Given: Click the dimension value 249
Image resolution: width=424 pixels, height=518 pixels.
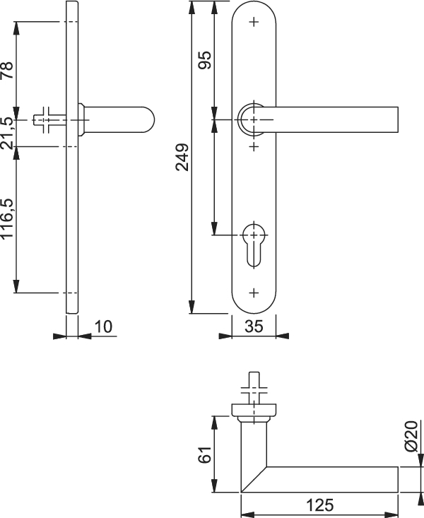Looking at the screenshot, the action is (182, 158).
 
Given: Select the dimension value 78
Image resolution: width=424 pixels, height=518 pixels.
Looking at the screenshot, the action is (7, 71).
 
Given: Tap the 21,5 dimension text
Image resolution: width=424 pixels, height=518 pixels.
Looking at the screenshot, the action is (7, 133).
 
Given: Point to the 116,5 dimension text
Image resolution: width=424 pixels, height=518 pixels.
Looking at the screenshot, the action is (7, 218).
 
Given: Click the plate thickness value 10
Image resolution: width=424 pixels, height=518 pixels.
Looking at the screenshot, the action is (103, 326).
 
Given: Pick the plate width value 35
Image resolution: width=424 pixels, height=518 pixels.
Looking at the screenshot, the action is (254, 326).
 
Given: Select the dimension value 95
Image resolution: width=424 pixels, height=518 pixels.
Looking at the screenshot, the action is (204, 60).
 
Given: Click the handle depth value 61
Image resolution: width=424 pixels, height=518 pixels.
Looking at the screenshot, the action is (204, 454).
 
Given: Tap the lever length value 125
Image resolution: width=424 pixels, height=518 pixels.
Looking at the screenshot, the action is (320, 505).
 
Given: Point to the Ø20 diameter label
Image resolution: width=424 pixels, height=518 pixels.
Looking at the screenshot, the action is (411, 436).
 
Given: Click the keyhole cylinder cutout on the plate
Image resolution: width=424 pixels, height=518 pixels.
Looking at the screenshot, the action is (254, 245).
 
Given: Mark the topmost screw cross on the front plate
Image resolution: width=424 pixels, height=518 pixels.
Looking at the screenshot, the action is (254, 22).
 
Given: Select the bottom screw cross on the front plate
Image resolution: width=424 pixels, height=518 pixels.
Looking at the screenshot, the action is (254, 293).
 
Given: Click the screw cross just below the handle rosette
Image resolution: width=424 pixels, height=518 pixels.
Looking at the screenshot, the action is (254, 146).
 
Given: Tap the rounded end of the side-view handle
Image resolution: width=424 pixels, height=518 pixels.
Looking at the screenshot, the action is (149, 119).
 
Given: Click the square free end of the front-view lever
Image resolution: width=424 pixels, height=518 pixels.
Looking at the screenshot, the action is (398, 119).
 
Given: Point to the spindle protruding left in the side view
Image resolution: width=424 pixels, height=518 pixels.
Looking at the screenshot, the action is (49, 120).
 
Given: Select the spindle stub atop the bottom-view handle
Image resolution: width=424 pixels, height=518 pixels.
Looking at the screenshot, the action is (254, 387).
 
